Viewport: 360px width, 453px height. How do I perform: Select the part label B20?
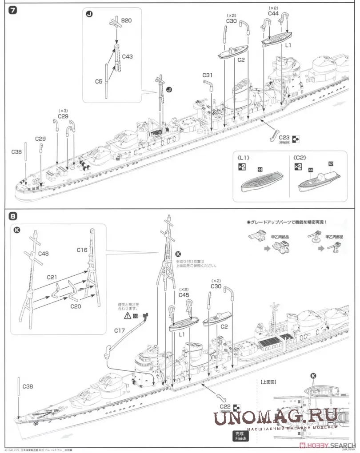[127, 20]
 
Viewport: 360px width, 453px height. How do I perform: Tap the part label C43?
[127, 57]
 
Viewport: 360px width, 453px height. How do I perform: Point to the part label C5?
[99, 82]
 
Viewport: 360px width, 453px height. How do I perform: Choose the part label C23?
[284, 137]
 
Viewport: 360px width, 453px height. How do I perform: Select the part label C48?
[43, 254]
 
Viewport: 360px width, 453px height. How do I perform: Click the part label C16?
[82, 250]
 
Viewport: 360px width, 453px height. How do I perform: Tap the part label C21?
[52, 277]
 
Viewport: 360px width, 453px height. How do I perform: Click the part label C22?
[225, 406]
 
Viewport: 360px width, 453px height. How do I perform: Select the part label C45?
[184, 294]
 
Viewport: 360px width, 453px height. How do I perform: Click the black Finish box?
[240, 436]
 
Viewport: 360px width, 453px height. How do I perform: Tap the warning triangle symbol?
[128, 316]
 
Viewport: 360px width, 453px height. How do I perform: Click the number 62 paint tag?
[331, 164]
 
